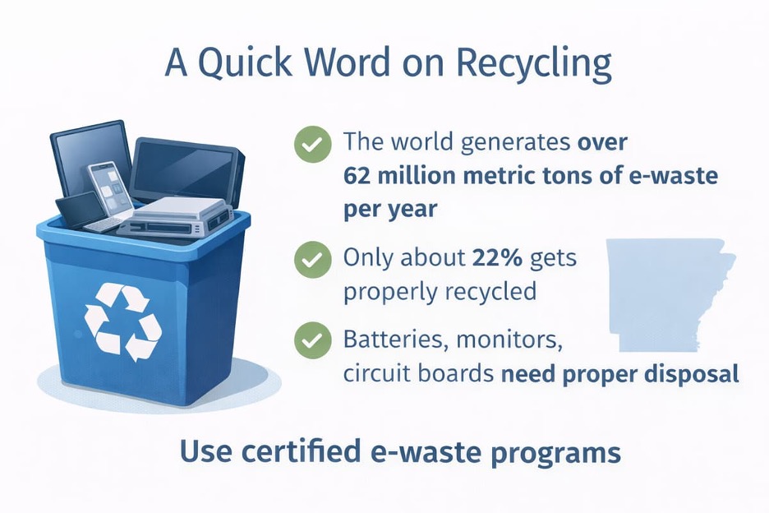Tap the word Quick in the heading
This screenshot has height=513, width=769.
point(245,62)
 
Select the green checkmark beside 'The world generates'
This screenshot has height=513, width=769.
point(312,144)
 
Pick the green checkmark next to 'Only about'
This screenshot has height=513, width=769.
point(312,259)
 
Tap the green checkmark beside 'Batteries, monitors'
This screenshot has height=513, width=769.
point(312,340)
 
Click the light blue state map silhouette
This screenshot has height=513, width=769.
point(670,294)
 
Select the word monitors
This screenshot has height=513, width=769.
point(509,340)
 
